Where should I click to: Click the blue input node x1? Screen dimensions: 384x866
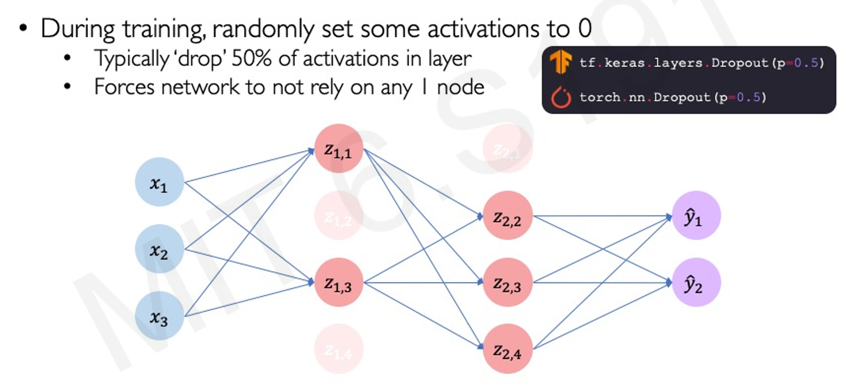click(x=159, y=182)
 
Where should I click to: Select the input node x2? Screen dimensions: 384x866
click(x=159, y=249)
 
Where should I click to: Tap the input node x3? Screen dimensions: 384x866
click(x=159, y=316)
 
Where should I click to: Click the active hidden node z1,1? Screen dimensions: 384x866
click(x=338, y=149)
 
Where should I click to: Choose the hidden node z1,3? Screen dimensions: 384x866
click(x=338, y=283)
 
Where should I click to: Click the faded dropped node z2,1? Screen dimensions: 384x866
click(x=507, y=149)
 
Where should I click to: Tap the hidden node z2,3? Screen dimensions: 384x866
click(x=507, y=283)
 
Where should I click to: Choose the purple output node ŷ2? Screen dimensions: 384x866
click(x=696, y=283)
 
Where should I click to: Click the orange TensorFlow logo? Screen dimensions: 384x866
click(x=560, y=62)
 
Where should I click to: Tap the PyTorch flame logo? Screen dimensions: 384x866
click(x=561, y=97)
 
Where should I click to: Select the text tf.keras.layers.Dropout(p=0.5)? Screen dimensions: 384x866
click(x=701, y=63)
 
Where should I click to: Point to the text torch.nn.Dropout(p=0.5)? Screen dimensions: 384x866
click(x=673, y=97)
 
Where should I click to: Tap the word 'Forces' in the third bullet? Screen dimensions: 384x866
click(x=124, y=87)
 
